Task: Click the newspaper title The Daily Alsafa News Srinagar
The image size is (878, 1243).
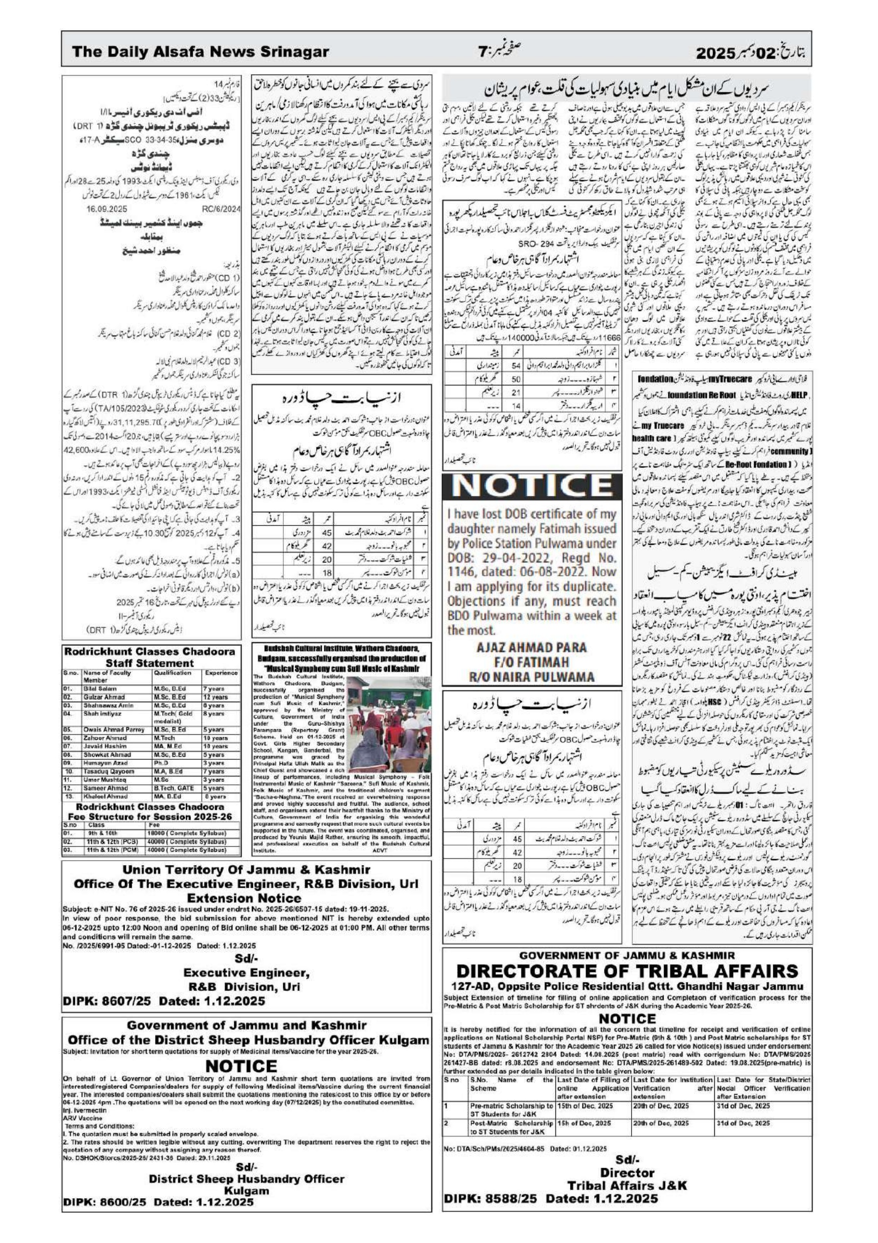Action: pyautogui.click(x=200, y=52)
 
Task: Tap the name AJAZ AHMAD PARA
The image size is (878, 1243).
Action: pyautogui.click(x=532, y=648)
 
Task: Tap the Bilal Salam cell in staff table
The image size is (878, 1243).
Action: pyautogui.click(x=97, y=688)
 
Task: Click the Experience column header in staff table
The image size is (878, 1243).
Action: pyautogui.click(x=221, y=673)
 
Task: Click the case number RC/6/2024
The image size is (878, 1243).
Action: pyautogui.click(x=220, y=208)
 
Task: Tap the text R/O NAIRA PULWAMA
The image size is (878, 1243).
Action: pyautogui.click(x=532, y=676)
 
